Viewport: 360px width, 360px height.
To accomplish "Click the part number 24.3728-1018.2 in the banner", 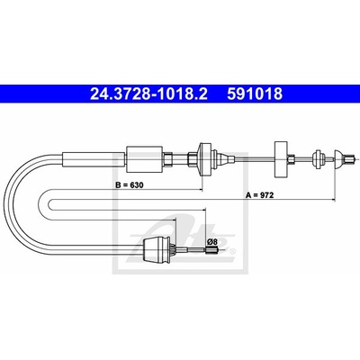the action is coord(148,94).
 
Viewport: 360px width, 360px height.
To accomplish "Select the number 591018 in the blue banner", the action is coord(255,94).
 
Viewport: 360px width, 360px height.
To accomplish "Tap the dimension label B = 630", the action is coord(130,185).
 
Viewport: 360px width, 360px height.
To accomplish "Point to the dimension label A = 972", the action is coord(260,195).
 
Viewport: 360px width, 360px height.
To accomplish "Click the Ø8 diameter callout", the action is coord(212,241).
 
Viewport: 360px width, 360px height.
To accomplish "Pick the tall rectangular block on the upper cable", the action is coord(281,158).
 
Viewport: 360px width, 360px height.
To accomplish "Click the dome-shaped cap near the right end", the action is coord(339,159).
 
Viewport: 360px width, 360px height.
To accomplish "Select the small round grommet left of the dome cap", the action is coord(317,158).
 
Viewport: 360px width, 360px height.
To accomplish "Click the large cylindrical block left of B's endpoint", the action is coord(144,159).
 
